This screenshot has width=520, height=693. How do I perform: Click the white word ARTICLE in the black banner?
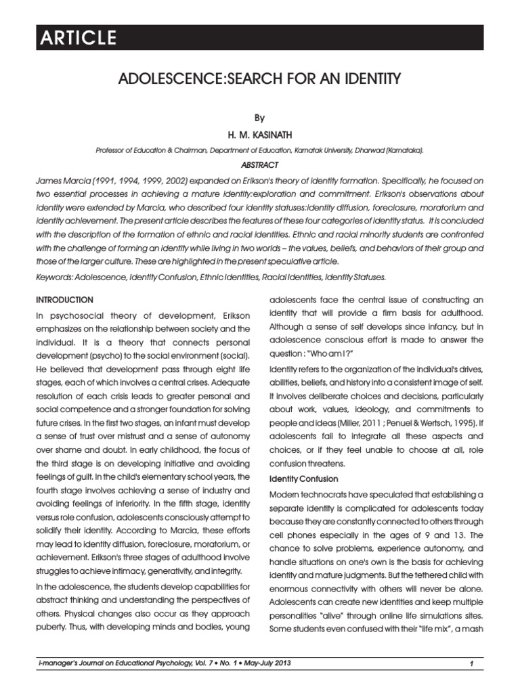(x=77, y=38)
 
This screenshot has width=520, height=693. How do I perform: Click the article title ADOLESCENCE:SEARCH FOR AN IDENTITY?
(x=259, y=80)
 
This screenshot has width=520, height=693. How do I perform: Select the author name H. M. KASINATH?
(x=259, y=135)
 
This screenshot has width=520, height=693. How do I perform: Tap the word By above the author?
(x=259, y=117)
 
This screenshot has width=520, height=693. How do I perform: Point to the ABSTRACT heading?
(x=259, y=164)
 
